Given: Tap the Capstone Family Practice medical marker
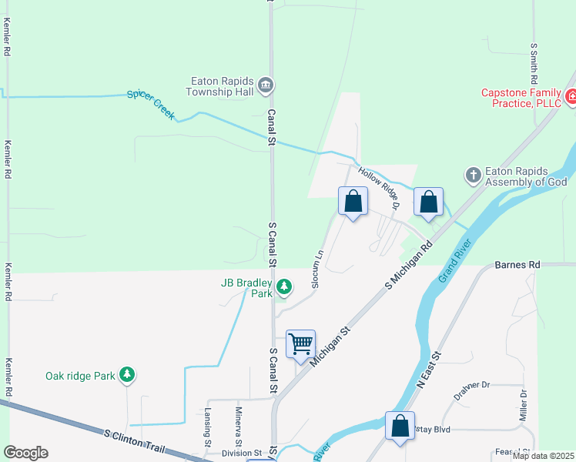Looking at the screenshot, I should click(571, 97).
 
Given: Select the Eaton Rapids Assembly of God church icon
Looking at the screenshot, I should click(474, 176).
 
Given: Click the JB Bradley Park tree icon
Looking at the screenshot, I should click(284, 287).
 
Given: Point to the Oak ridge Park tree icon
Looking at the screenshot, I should click(127, 375).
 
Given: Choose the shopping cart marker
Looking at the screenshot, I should click(300, 344).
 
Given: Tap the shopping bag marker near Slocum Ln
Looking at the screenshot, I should click(353, 203).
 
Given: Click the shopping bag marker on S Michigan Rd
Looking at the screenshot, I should click(428, 203).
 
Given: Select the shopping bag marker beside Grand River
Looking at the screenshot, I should click(400, 427).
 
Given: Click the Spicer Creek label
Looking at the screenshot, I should click(151, 105).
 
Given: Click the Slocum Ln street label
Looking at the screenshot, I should click(316, 269).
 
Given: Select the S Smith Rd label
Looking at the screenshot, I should click(534, 63).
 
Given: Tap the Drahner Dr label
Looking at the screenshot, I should click(471, 385).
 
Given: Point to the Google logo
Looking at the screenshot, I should click(25, 453).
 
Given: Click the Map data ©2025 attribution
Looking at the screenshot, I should click(543, 456).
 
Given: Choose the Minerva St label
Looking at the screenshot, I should click(239, 426).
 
